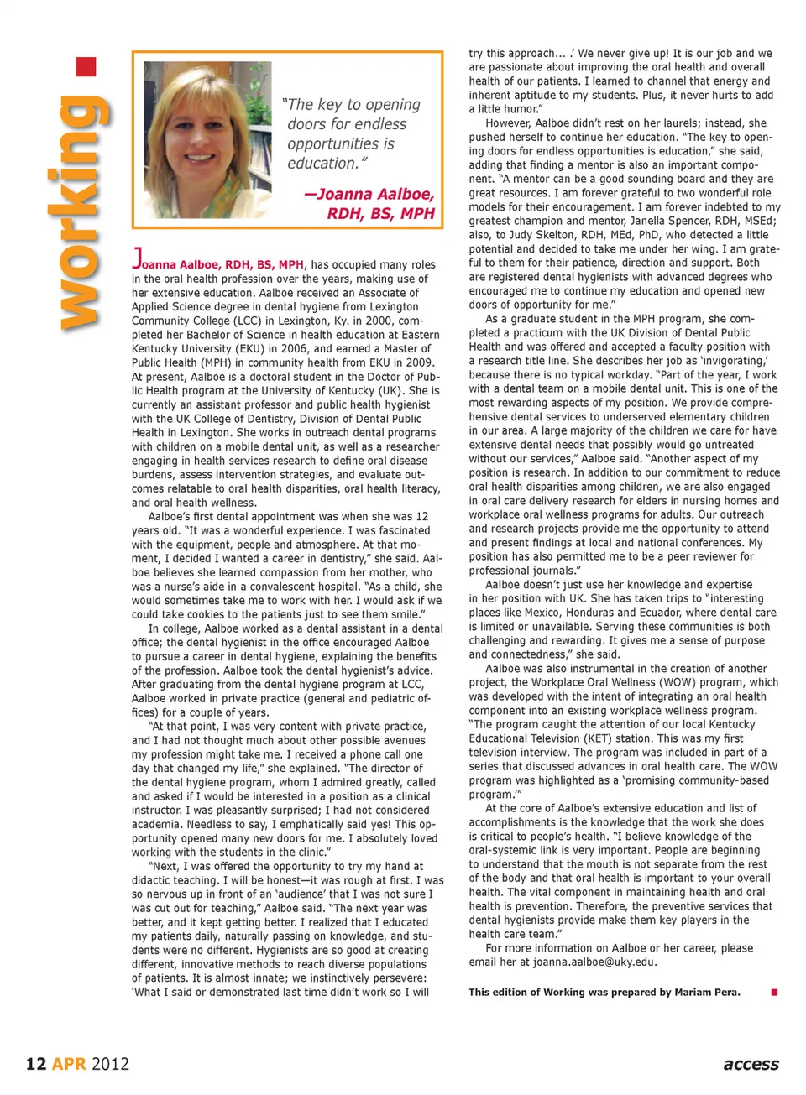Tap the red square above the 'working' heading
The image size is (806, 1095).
click(x=86, y=66)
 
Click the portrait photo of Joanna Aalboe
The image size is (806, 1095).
click(x=207, y=138)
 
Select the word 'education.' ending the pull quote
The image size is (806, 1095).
click(x=327, y=164)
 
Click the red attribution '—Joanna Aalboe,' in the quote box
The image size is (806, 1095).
click(x=369, y=194)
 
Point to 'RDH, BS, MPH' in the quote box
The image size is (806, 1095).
click(x=380, y=213)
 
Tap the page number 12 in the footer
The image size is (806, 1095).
click(x=35, y=1064)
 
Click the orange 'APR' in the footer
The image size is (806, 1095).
click(x=69, y=1064)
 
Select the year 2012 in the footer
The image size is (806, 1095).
click(x=110, y=1064)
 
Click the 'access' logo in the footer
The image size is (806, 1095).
click(x=751, y=1064)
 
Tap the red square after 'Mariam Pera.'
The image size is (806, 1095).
click(x=774, y=993)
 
